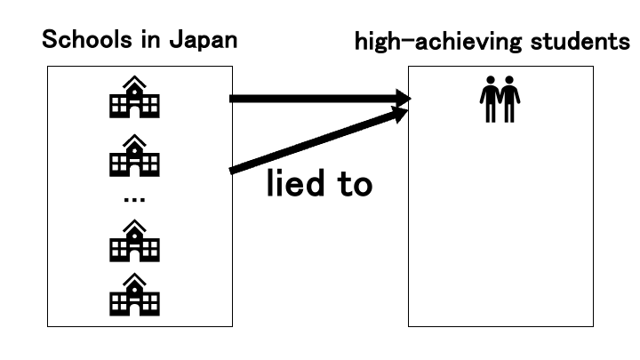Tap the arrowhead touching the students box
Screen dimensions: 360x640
tap(402, 100)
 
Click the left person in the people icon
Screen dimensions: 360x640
tap(489, 100)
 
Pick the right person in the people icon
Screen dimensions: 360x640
tap(510, 100)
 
